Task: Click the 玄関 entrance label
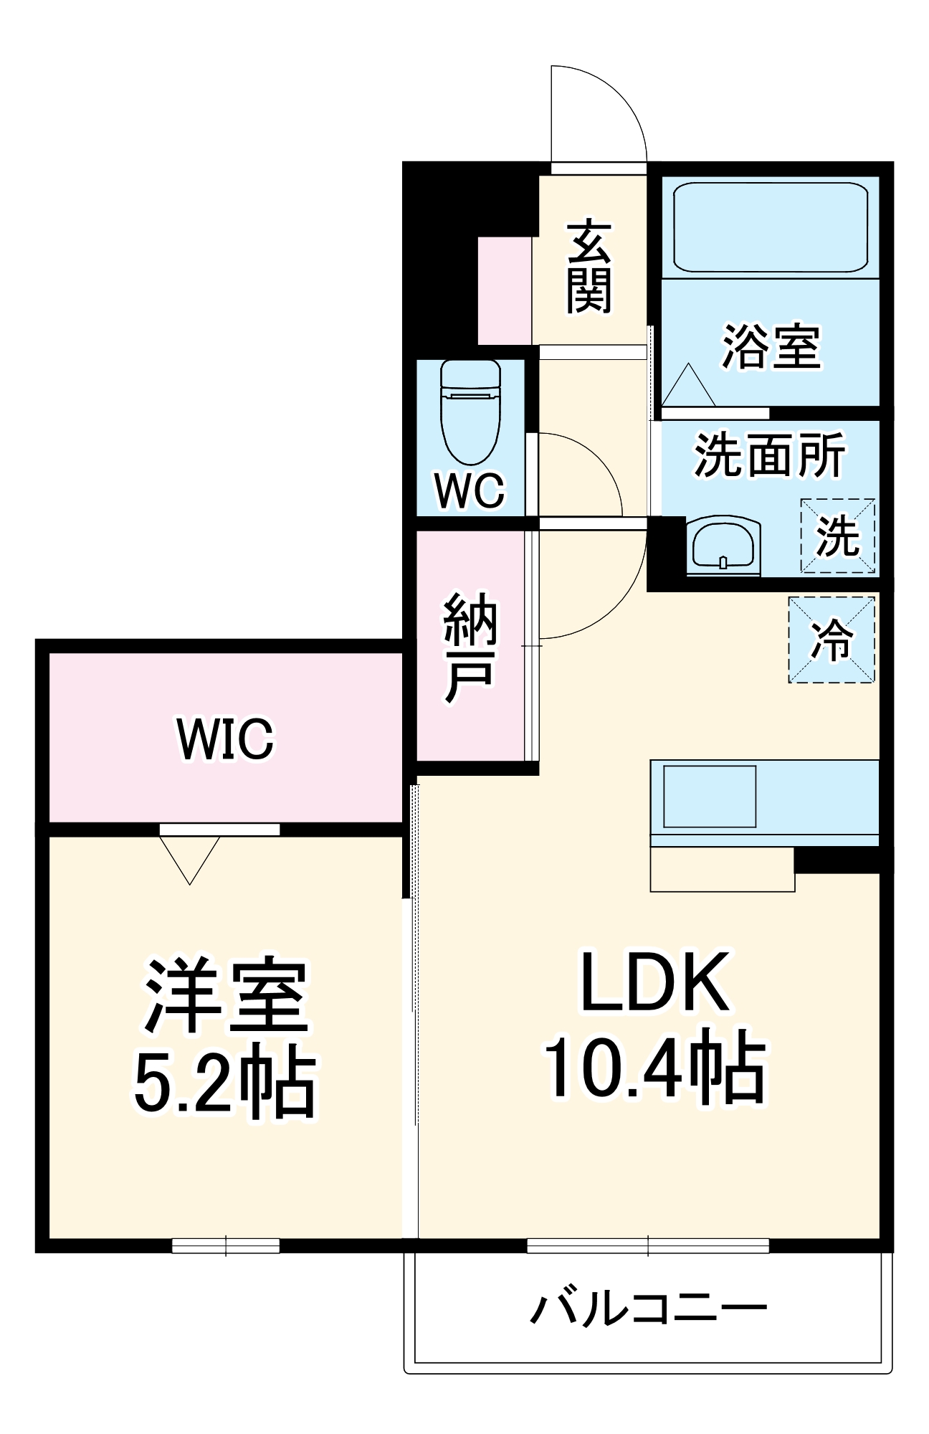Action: pos(589,267)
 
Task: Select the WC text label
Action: pos(470,491)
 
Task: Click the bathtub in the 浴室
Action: pos(770,227)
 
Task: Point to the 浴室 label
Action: pos(771,347)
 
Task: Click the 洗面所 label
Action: pos(769,455)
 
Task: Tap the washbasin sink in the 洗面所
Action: pos(723,546)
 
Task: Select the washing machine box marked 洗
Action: pos(837,536)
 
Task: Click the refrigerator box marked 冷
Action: pos(832,640)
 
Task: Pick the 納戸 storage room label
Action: pos(470,647)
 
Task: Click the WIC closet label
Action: pos(225,739)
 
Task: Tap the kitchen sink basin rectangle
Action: pos(710,796)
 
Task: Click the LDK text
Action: pos(654,982)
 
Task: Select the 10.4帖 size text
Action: pos(654,1067)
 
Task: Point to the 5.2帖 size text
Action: pos(225,1083)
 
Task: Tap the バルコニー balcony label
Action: pos(648,1309)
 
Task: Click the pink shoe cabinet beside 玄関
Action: pos(505,290)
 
